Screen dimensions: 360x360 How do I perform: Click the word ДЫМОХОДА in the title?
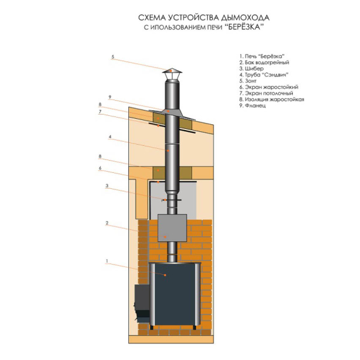pos(245,17)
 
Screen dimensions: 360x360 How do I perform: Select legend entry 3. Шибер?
pos(251,68)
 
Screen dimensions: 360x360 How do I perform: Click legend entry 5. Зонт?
pos(248,81)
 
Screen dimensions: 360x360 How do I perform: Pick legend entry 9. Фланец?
pos(253,106)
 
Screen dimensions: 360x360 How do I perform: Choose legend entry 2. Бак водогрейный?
pos(264,62)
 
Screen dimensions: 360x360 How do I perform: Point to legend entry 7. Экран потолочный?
pos(266,93)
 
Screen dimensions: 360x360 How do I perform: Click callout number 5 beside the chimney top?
pos(113,57)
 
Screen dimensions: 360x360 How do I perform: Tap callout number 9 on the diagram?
pos(110,97)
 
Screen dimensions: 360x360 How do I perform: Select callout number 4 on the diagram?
pos(110,137)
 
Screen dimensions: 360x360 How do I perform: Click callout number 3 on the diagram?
pos(107,186)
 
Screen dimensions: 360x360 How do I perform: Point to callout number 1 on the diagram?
pos(107,261)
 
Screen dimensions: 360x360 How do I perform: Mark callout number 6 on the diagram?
pos(100,168)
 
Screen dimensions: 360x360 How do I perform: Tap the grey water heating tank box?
pos(172,228)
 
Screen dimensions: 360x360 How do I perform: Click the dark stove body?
pos(175,294)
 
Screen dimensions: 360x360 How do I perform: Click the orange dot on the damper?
pos(165,200)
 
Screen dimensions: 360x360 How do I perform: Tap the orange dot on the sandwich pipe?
pos(168,151)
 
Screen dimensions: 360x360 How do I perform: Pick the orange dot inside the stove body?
pos(165,275)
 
